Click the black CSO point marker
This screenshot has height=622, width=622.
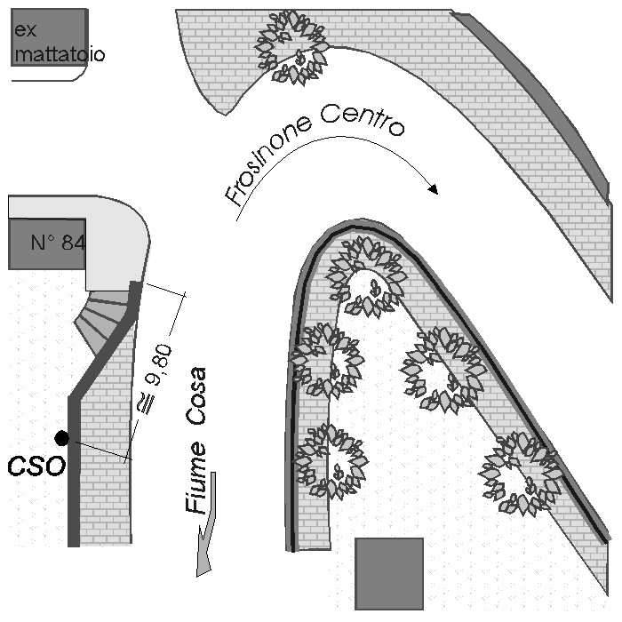tap(61, 437)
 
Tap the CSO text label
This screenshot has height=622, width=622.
tap(36, 466)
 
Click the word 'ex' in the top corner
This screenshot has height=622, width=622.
tap(24, 33)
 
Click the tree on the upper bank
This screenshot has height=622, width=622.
tap(292, 47)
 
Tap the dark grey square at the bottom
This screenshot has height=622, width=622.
tap(389, 573)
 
